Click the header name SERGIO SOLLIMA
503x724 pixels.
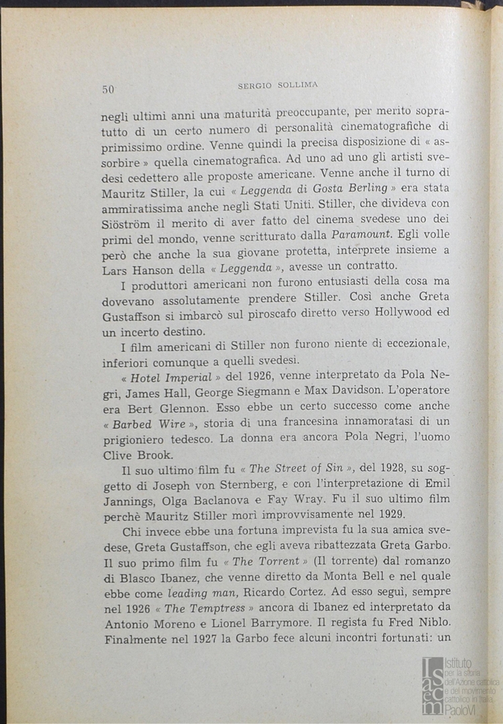click(x=278, y=85)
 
